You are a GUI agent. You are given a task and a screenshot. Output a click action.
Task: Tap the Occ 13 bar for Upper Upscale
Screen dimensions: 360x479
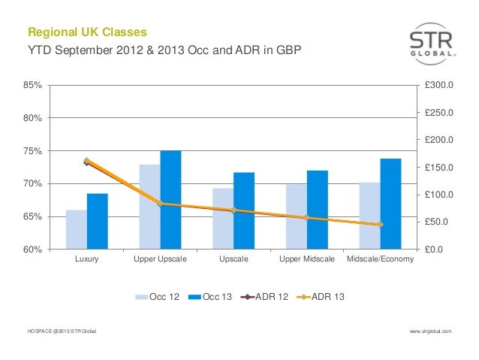point(170,199)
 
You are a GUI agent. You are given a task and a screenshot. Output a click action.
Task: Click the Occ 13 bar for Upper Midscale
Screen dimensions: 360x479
point(318,210)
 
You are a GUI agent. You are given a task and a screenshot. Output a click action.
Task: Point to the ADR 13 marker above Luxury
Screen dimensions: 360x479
point(87,161)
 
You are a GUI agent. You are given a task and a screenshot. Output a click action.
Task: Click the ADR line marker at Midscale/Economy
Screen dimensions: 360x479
point(380,225)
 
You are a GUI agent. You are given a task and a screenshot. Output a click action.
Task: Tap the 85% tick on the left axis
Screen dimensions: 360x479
point(33,85)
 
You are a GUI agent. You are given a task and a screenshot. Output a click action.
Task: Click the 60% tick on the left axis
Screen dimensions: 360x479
point(33,250)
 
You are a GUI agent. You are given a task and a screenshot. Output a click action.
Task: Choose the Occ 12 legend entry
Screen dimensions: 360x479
point(157,297)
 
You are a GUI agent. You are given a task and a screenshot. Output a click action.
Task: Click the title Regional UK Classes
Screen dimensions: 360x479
point(86,33)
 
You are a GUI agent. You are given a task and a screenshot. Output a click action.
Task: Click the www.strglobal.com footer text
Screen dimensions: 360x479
point(431,331)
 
